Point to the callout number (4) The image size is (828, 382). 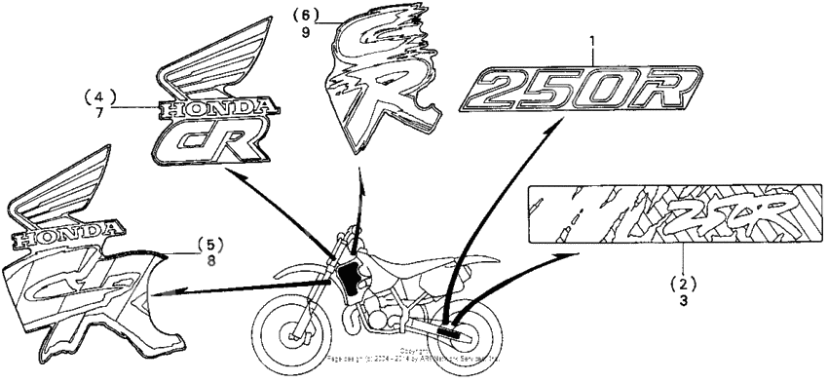[99, 96]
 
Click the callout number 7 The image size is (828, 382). [99, 112]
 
